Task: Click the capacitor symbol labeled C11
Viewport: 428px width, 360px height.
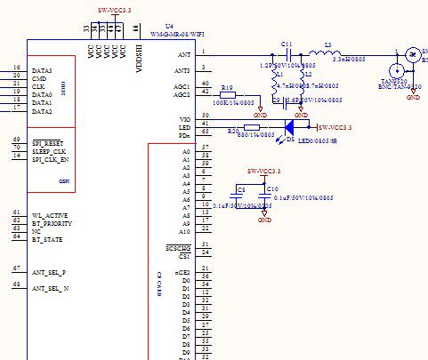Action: (287, 52)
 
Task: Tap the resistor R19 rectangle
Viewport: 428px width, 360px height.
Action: (228, 95)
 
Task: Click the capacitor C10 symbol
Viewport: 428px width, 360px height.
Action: (263, 196)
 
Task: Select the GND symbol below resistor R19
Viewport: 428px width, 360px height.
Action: (260, 115)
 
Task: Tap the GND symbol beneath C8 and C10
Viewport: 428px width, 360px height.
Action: (264, 218)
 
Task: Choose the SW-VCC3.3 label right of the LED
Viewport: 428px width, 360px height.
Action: (335, 128)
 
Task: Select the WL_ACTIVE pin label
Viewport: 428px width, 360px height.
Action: (51, 216)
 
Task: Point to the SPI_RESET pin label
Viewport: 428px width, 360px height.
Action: (51, 143)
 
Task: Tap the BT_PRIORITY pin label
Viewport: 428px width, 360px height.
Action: (52, 224)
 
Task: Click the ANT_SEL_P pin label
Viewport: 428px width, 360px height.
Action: (49, 272)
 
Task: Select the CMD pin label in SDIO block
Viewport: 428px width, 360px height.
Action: (39, 78)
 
